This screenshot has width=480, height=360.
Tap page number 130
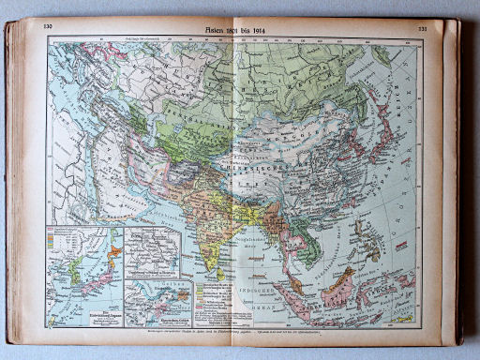[48, 26]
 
